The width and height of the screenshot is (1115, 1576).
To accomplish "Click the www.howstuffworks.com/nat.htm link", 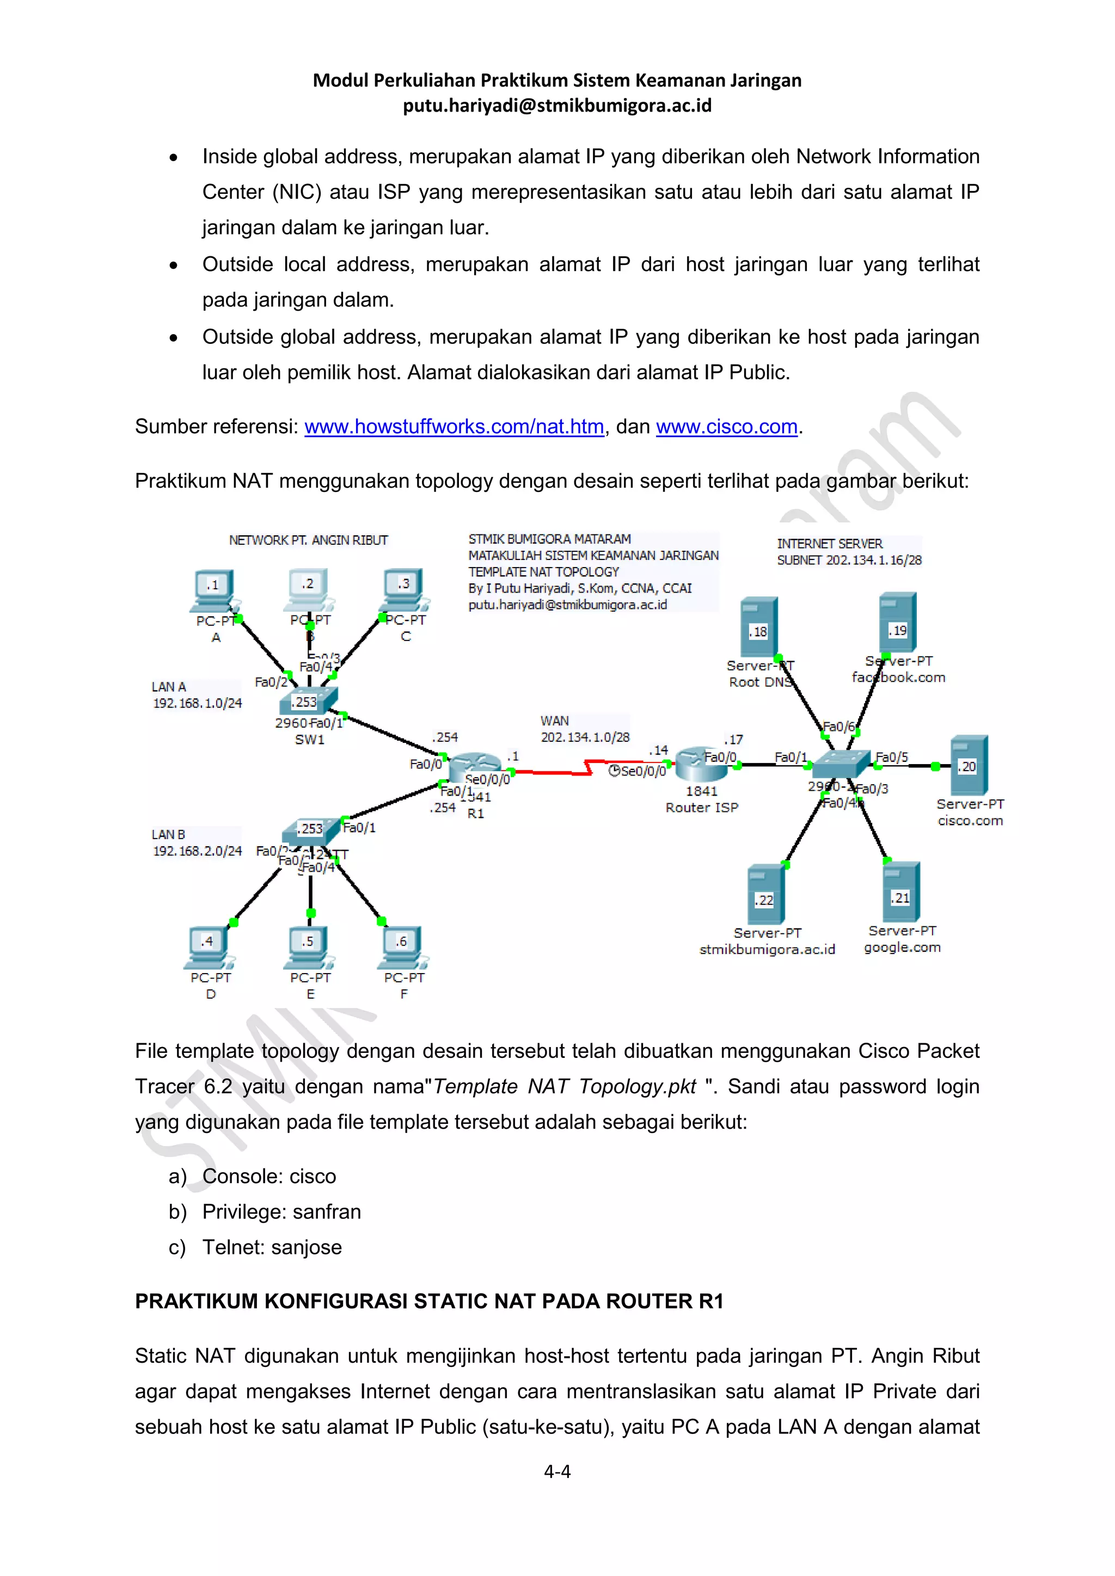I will [x=454, y=427].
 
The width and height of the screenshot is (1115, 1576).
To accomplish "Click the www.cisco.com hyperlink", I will [x=726, y=427].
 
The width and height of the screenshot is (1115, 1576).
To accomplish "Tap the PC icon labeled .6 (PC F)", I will [x=403, y=946].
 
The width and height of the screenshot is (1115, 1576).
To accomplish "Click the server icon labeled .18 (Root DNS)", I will [x=758, y=627].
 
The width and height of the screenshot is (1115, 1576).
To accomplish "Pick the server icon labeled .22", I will [x=765, y=896].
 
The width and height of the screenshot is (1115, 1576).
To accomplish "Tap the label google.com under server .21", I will [x=902, y=947].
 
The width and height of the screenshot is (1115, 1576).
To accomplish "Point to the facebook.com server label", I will [x=899, y=678].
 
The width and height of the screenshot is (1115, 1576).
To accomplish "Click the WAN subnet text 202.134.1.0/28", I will [x=585, y=737].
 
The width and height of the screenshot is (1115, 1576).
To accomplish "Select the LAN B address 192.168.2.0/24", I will [x=197, y=851].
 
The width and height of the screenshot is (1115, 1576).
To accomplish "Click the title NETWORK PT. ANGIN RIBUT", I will [x=308, y=540].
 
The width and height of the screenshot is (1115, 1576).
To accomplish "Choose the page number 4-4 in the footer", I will [x=557, y=1471].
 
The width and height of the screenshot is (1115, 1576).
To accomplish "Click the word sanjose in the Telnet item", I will [x=306, y=1247].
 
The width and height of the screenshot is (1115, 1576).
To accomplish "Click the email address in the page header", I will [x=557, y=106].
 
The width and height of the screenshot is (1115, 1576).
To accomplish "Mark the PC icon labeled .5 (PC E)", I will [x=309, y=946].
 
